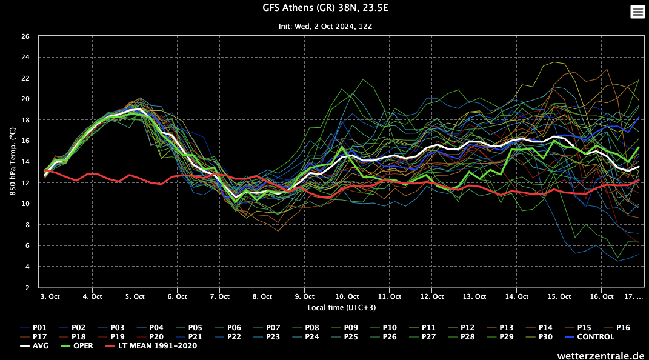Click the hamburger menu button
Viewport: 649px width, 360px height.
point(637,12)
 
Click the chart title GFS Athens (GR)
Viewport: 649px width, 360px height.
point(324,8)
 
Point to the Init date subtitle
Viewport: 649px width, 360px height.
point(324,27)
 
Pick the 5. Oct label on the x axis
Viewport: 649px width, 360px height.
point(135,296)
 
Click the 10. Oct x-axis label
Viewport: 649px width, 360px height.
point(347,296)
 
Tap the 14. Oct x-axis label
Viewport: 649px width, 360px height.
point(516,296)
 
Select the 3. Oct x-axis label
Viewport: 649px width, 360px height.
point(50,296)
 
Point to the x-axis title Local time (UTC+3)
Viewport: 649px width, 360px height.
point(341,308)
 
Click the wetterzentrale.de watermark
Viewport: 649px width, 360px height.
point(601,354)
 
